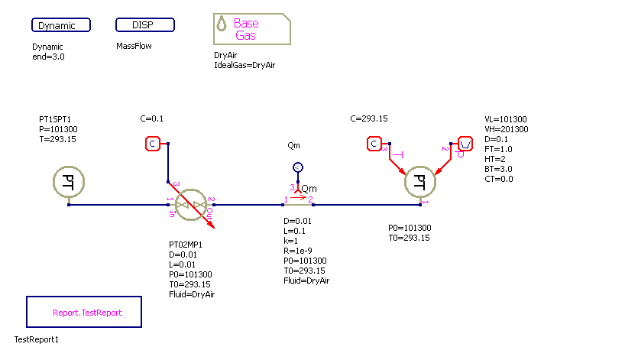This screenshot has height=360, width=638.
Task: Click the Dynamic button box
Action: (61, 25)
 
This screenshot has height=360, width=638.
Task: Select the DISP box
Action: (145, 25)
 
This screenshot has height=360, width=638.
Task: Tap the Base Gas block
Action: (251, 30)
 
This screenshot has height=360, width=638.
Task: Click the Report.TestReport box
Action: (84, 313)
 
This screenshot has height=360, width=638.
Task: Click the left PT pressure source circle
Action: (69, 183)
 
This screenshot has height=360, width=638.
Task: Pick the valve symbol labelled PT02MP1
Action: (190, 204)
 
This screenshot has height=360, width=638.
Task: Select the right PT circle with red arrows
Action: (419, 182)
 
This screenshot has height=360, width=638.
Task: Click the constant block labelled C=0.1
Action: (152, 143)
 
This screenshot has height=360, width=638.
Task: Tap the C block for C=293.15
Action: (373, 143)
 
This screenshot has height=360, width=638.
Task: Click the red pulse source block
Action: (465, 143)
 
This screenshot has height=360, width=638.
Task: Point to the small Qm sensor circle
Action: (299, 167)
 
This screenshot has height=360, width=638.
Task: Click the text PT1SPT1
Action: (56, 120)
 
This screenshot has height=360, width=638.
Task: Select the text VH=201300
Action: (506, 129)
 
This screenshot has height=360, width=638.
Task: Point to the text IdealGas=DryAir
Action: (245, 66)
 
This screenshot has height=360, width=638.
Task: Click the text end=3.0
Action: (49, 57)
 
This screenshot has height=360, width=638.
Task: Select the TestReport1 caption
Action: (37, 339)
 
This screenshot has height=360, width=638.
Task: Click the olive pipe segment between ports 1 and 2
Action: (298, 204)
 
